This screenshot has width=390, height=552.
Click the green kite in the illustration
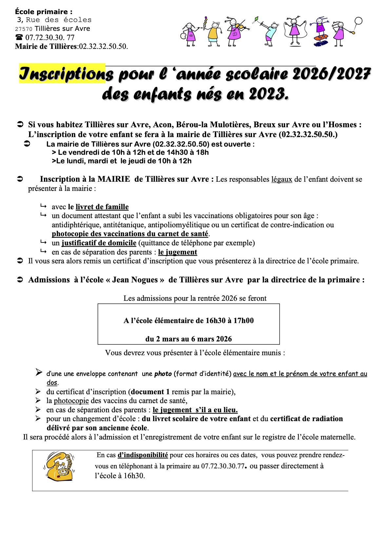click(256, 20)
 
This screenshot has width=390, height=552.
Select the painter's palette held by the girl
click(184, 35)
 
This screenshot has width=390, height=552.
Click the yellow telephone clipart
click(59, 466)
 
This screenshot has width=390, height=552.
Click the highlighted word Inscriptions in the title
click(62, 73)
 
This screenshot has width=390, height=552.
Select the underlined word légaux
click(282, 179)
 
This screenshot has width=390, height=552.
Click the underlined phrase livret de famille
click(102, 207)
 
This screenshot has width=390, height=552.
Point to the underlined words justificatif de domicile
click(99, 243)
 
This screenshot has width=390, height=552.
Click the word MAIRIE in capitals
click(114, 179)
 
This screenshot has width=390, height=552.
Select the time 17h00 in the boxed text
click(244, 321)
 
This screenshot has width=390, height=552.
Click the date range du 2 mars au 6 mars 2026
click(188, 339)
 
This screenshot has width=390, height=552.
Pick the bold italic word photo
click(163, 374)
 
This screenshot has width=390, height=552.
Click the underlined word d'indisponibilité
click(143, 455)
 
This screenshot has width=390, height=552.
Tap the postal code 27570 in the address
click(24, 29)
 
